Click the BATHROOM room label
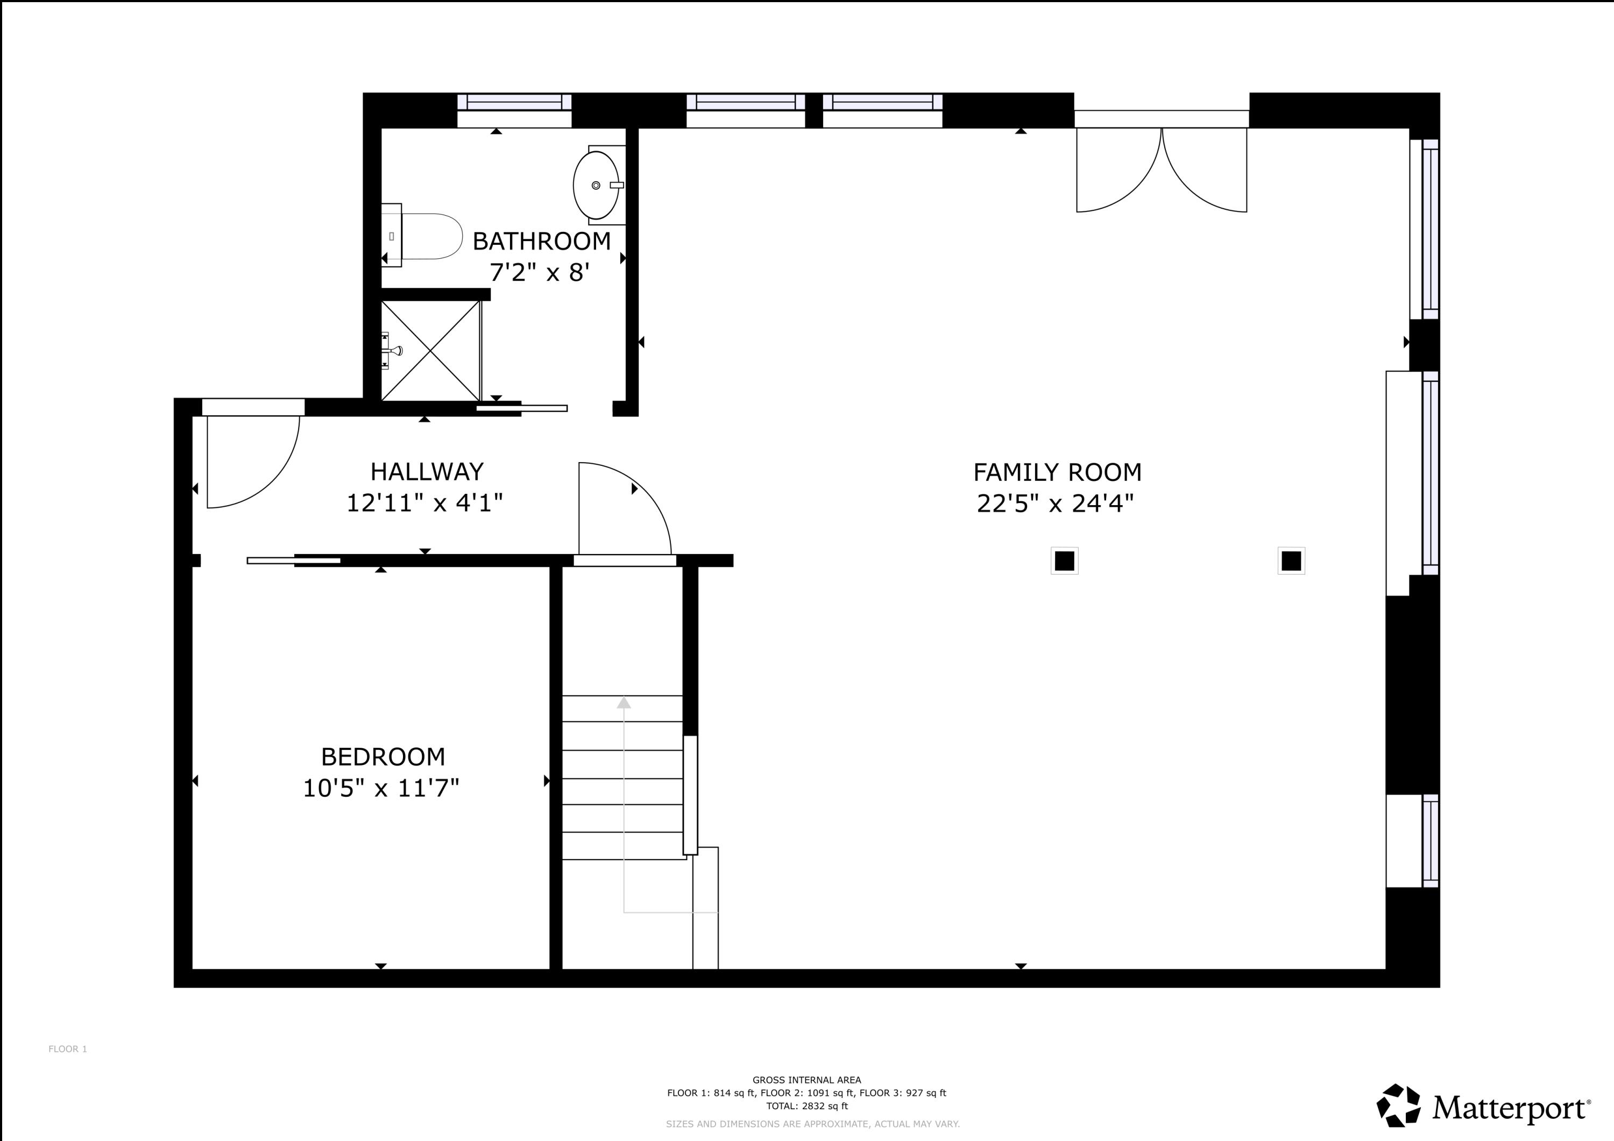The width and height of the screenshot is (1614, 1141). pyautogui.click(x=541, y=241)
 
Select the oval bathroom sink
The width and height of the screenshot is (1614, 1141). pyautogui.click(x=597, y=186)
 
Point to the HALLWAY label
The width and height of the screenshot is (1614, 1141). pyautogui.click(x=427, y=471)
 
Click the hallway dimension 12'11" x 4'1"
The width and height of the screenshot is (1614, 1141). pyautogui.click(x=424, y=504)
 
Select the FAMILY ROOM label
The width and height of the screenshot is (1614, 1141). pyautogui.click(x=1057, y=472)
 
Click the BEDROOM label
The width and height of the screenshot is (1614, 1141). pyautogui.click(x=383, y=756)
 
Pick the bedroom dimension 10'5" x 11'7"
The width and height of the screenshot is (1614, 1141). pyautogui.click(x=381, y=788)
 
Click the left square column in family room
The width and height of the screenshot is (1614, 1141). pyautogui.click(x=1064, y=561)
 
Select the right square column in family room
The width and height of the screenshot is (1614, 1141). pyautogui.click(x=1291, y=561)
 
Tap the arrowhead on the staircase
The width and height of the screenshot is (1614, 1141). pyautogui.click(x=624, y=703)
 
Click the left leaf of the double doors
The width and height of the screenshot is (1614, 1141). pyautogui.click(x=1118, y=172)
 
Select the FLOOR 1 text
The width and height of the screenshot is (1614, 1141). pyautogui.click(x=67, y=1049)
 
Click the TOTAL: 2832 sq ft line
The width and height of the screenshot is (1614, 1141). pyautogui.click(x=806, y=1106)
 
